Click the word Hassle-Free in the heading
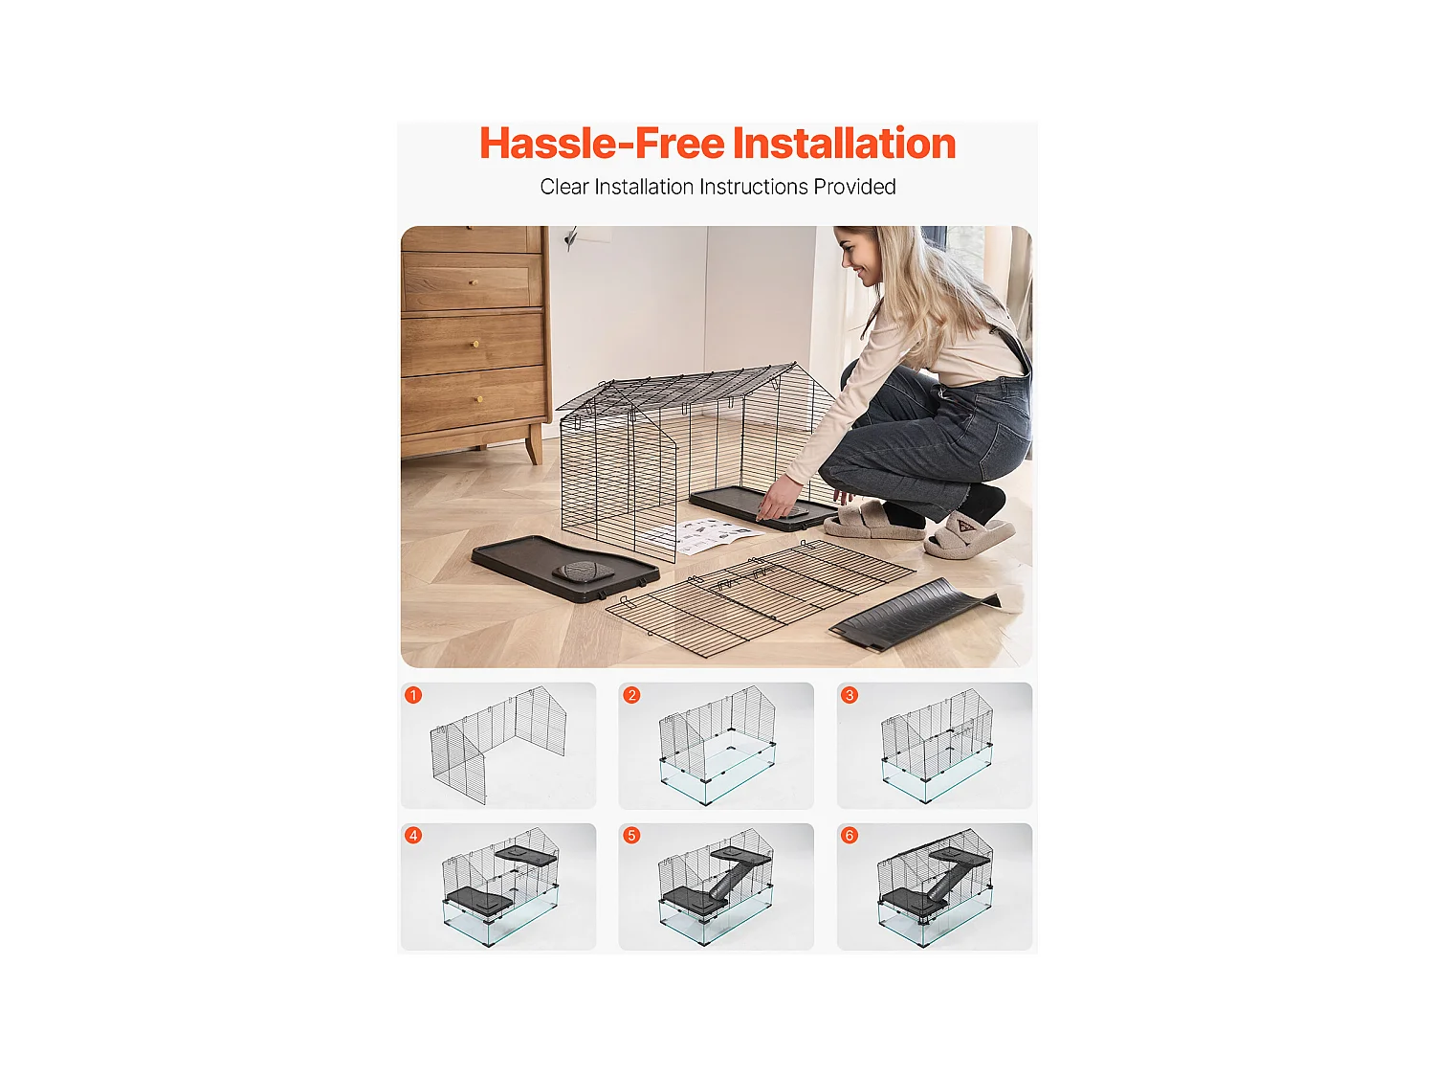click(x=602, y=144)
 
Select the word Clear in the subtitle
click(x=563, y=187)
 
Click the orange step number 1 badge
click(x=413, y=695)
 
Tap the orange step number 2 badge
click(x=631, y=695)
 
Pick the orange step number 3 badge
click(x=850, y=695)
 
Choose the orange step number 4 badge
click(x=413, y=835)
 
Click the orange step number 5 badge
click(x=631, y=835)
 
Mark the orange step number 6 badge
click(x=850, y=835)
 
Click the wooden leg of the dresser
click(x=534, y=445)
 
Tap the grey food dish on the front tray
click(x=584, y=572)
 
